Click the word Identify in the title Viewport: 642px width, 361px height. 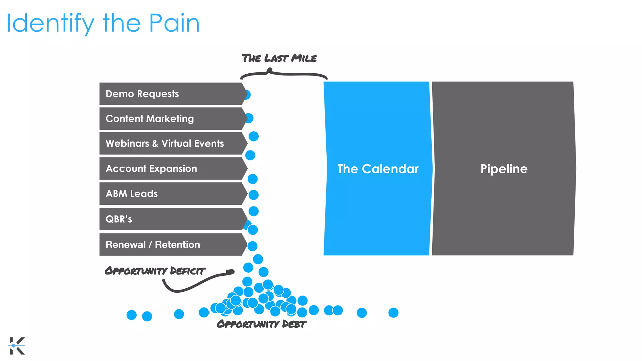point(50,24)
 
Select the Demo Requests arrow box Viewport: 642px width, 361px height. point(171,94)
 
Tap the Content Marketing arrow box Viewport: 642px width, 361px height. point(171,118)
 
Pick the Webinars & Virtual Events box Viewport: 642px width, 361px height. point(171,143)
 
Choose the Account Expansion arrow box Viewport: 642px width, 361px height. point(171,169)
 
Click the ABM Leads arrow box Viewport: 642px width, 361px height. point(171,194)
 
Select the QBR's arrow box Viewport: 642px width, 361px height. point(171,219)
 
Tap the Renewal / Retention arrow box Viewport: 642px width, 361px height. point(171,244)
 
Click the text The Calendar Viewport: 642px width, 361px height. point(378,169)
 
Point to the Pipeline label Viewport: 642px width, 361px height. point(504,169)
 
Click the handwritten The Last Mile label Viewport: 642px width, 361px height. point(279,58)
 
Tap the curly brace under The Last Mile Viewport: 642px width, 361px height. point(284,74)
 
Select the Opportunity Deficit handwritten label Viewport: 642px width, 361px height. point(155,271)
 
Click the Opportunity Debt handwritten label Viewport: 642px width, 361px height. point(261,324)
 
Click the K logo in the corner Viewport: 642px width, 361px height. point(17,346)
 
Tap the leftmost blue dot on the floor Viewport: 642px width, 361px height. point(132,315)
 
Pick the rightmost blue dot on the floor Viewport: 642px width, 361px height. point(393,312)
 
